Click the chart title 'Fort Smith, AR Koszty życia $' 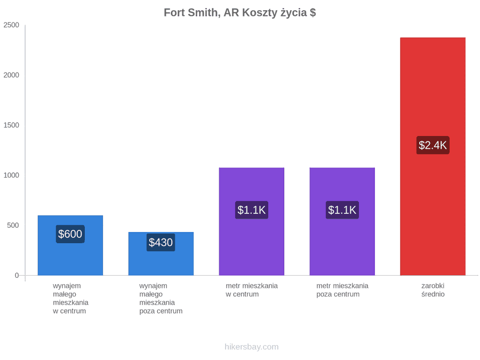click(239, 13)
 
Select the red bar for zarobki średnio click(433, 156)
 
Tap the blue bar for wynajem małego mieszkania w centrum click(70, 245)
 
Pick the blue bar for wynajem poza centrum click(161, 254)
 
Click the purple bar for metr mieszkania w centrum click(252, 221)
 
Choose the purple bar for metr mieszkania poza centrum click(342, 221)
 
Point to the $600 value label click(70, 234)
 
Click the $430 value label click(161, 243)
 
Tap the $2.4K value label click(433, 145)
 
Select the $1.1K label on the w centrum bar click(252, 210)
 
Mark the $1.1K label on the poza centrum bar click(342, 210)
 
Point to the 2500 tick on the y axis click(11, 25)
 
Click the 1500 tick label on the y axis click(11, 125)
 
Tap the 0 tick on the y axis click(17, 276)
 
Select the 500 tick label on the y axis click(13, 225)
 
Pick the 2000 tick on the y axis click(11, 75)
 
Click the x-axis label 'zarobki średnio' click(433, 290)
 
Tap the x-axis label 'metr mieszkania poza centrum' click(342, 290)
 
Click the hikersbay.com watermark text click(252, 347)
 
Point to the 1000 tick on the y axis click(11, 175)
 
